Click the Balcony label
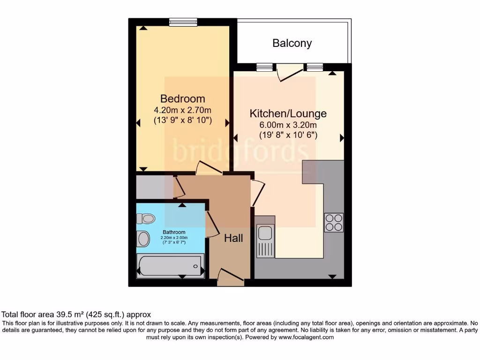(292, 44)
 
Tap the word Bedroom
(182, 99)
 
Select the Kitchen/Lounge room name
(288, 113)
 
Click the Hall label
(233, 239)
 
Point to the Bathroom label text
(174, 232)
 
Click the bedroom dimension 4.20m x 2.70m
(183, 110)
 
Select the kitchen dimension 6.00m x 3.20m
(288, 125)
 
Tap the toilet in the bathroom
(146, 218)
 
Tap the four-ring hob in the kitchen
(334, 223)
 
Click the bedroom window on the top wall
(183, 22)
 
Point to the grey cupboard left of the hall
(150, 187)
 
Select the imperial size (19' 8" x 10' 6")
(288, 135)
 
